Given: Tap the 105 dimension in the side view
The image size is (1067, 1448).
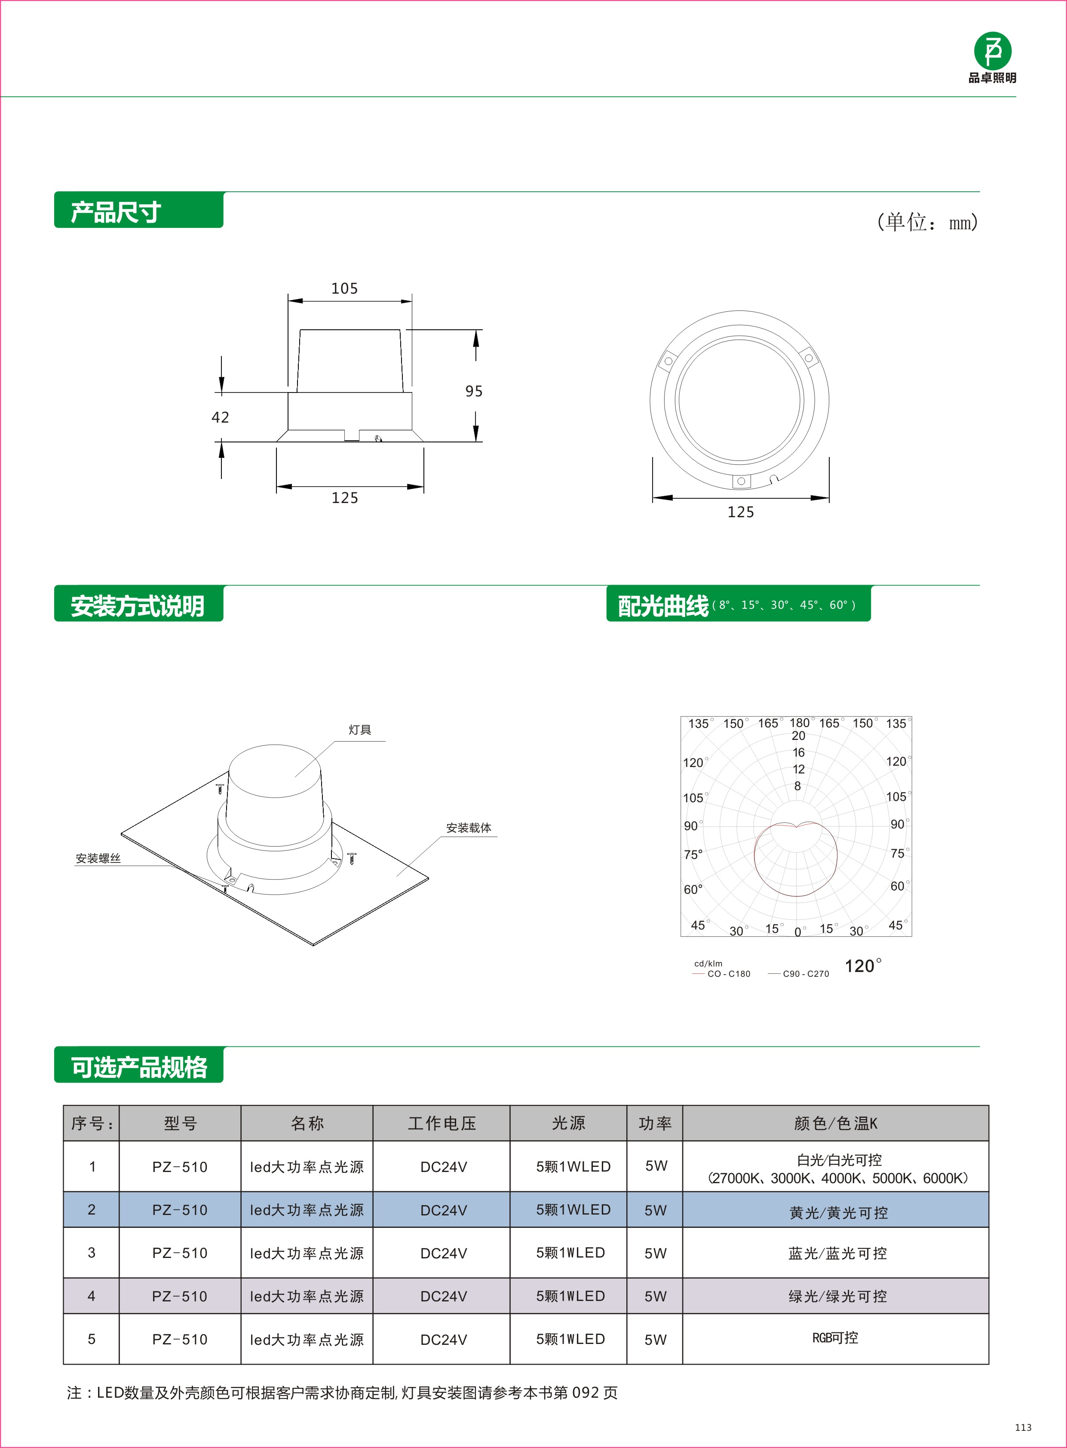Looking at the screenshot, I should tap(344, 288).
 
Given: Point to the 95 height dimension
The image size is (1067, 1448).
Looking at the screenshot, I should tap(473, 391).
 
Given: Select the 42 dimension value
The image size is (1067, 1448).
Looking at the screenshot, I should tap(220, 417).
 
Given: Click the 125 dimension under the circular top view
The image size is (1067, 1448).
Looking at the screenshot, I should tap(740, 512).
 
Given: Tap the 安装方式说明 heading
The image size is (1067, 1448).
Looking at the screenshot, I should tap(138, 606).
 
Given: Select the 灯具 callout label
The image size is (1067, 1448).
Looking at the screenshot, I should tap(360, 730).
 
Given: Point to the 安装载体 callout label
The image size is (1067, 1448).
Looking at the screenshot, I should tap(468, 828).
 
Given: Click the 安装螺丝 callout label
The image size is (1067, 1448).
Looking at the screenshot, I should tap(98, 858).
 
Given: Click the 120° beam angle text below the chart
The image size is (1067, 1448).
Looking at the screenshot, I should tap(863, 966).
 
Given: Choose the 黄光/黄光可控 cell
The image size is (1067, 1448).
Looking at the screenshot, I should tap(838, 1213).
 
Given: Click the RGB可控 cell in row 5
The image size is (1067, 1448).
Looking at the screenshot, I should tap(835, 1338).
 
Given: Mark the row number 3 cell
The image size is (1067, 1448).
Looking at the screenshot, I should tap(91, 1253).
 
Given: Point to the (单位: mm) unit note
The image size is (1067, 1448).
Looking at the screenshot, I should tap(927, 222).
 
